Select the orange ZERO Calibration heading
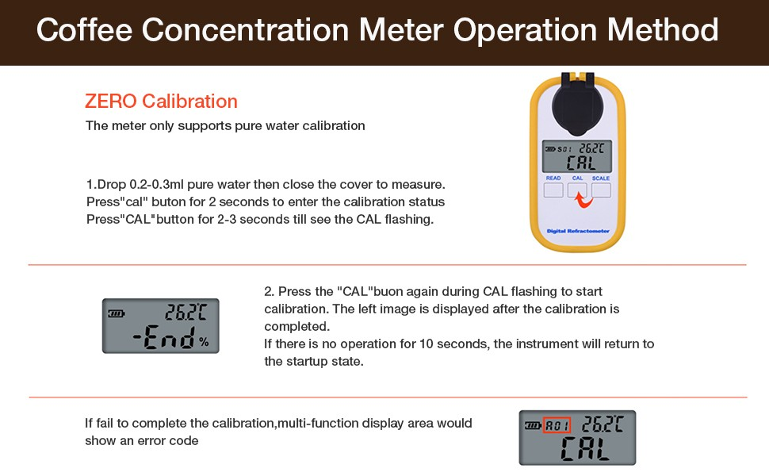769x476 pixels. (x=161, y=102)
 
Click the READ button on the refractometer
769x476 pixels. (x=553, y=190)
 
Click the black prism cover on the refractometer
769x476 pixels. (x=577, y=103)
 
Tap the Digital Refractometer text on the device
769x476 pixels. (x=578, y=231)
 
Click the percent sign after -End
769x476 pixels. (x=204, y=343)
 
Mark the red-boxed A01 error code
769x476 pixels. (x=557, y=425)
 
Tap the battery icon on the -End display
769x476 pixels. (x=117, y=313)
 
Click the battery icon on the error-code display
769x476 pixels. (x=532, y=425)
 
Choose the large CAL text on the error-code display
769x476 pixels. (x=585, y=449)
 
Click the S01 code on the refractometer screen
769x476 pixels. (x=564, y=148)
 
